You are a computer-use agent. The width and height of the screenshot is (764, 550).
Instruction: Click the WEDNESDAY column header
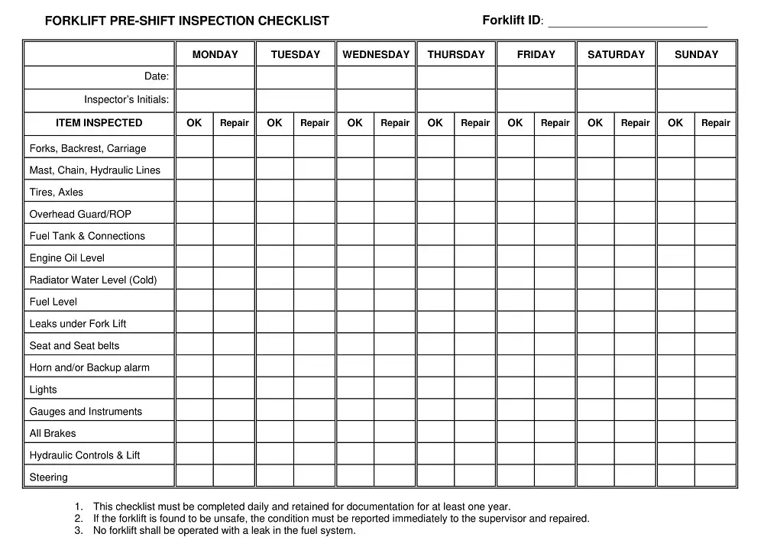[x=376, y=54]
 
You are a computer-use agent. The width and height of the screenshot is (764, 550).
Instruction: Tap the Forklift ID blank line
[x=627, y=22]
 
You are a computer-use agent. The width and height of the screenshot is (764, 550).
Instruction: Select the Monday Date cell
[x=215, y=77]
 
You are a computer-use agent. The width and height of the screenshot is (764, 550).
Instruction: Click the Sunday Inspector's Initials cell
[x=696, y=100]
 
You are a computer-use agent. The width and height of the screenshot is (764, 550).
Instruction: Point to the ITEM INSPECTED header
[x=99, y=123]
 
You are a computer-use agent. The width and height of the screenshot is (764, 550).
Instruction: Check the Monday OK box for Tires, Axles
[x=195, y=192]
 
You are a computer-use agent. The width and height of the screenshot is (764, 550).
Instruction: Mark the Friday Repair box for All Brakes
[x=555, y=433]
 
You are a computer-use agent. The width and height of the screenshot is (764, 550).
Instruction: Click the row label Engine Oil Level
[x=67, y=258]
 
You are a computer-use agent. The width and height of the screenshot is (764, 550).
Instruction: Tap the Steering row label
[x=49, y=477]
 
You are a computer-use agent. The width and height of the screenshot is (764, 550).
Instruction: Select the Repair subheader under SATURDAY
[x=636, y=123]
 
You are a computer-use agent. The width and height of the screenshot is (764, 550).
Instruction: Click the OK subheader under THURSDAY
[x=435, y=123]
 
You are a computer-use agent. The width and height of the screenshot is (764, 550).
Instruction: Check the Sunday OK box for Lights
[x=675, y=389]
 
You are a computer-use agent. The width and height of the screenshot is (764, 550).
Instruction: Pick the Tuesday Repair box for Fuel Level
[x=315, y=301]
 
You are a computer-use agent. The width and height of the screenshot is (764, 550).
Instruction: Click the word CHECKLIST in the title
[x=293, y=21]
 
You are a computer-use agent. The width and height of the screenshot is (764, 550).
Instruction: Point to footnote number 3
[x=79, y=531]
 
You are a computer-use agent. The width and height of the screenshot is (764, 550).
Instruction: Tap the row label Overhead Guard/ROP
[x=80, y=215]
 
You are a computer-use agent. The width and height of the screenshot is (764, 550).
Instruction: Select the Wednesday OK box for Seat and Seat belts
[x=355, y=345]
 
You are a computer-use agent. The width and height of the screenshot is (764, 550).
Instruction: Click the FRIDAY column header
[x=536, y=54]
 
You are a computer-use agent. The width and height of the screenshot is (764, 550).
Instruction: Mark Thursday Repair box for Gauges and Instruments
[x=475, y=411]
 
